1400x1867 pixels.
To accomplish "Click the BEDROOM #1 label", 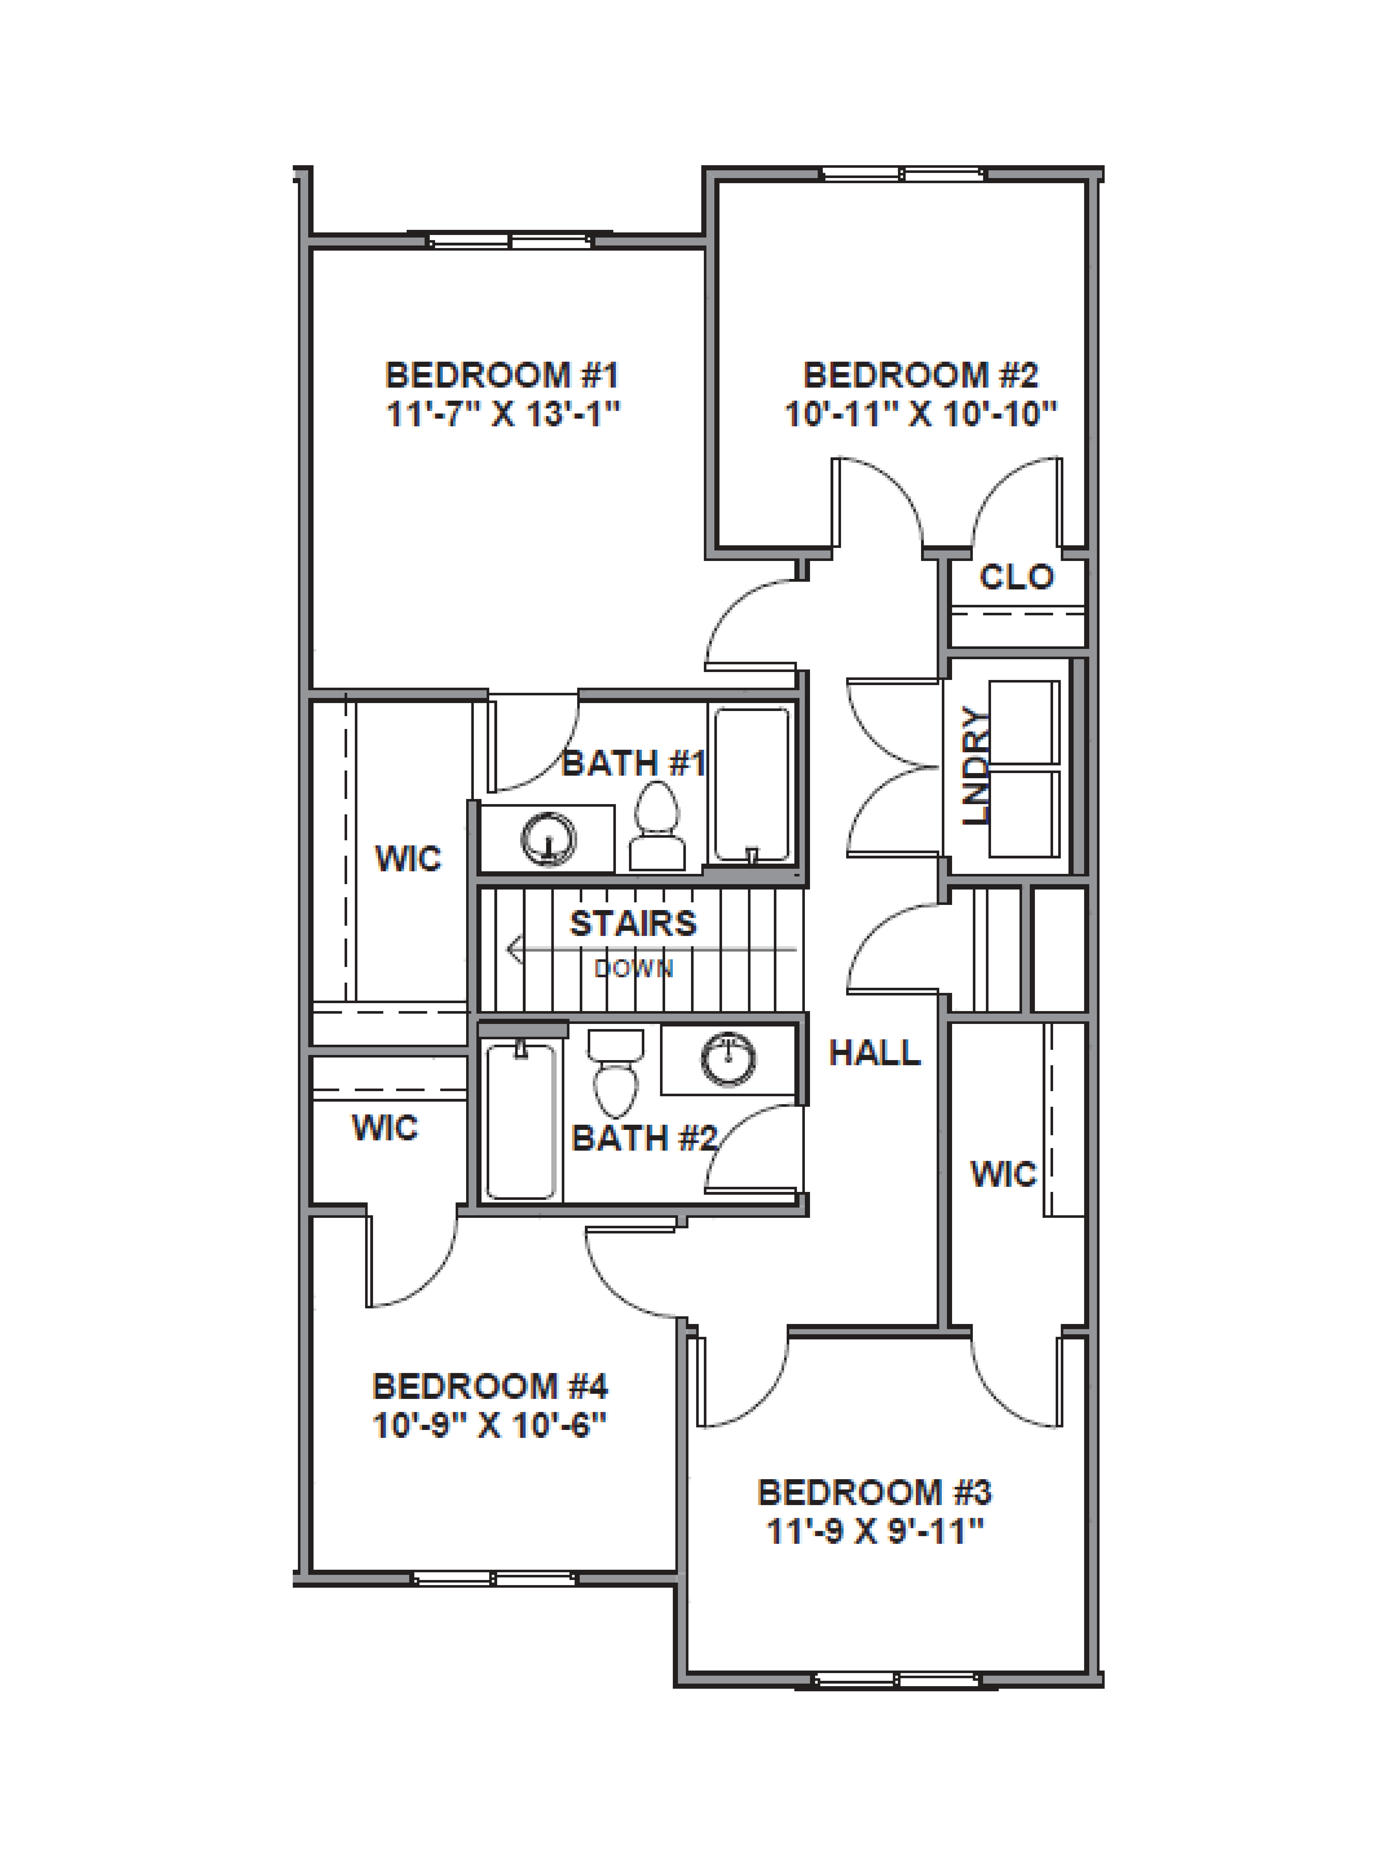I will [x=502, y=375].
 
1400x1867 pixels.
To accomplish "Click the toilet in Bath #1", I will [x=657, y=827].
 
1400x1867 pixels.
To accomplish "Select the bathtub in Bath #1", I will [x=752, y=784].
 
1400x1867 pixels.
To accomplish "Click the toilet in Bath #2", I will [x=615, y=1072].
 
